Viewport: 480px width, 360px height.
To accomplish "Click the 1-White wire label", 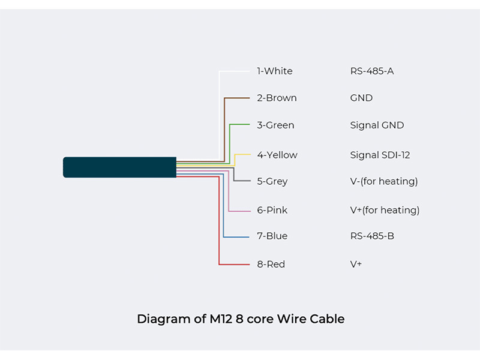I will point(275,71).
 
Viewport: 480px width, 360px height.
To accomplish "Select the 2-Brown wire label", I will point(277,98).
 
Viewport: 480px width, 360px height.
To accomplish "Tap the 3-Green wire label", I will point(275,125).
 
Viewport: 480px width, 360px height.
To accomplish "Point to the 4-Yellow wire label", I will point(277,155).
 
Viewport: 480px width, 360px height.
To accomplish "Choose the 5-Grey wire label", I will point(272,181).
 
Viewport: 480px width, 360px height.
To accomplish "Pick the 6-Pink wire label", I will point(272,210).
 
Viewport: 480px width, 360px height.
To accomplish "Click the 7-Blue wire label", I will point(272,236).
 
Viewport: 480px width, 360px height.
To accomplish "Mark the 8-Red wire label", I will point(271,264).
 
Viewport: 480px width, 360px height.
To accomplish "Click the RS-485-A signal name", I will point(372,71).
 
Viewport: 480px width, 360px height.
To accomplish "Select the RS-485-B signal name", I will point(372,236).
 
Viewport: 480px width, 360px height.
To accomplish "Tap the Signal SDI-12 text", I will point(380,155).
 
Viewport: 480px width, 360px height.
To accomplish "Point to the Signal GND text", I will point(377,125).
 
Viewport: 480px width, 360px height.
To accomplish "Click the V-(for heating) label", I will point(384,181).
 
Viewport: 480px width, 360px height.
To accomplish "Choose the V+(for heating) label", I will point(385,210).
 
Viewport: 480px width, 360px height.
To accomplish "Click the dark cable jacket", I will point(119,167).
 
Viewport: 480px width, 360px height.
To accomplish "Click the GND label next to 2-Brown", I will point(361,98).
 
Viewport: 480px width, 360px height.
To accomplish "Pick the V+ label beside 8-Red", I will point(356,264).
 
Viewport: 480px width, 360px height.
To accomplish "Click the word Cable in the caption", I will point(327,319).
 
